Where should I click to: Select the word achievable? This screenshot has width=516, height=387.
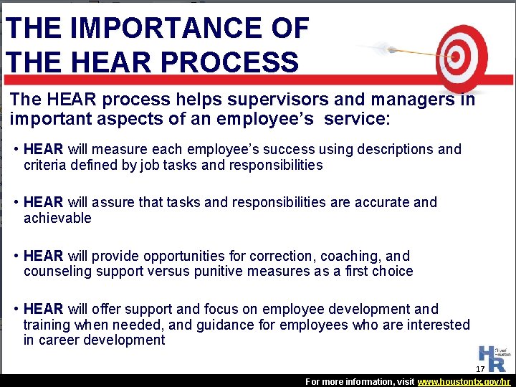click(x=57, y=219)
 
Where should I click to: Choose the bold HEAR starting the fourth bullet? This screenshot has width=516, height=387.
click(x=43, y=309)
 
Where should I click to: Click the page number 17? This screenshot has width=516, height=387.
click(x=480, y=369)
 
